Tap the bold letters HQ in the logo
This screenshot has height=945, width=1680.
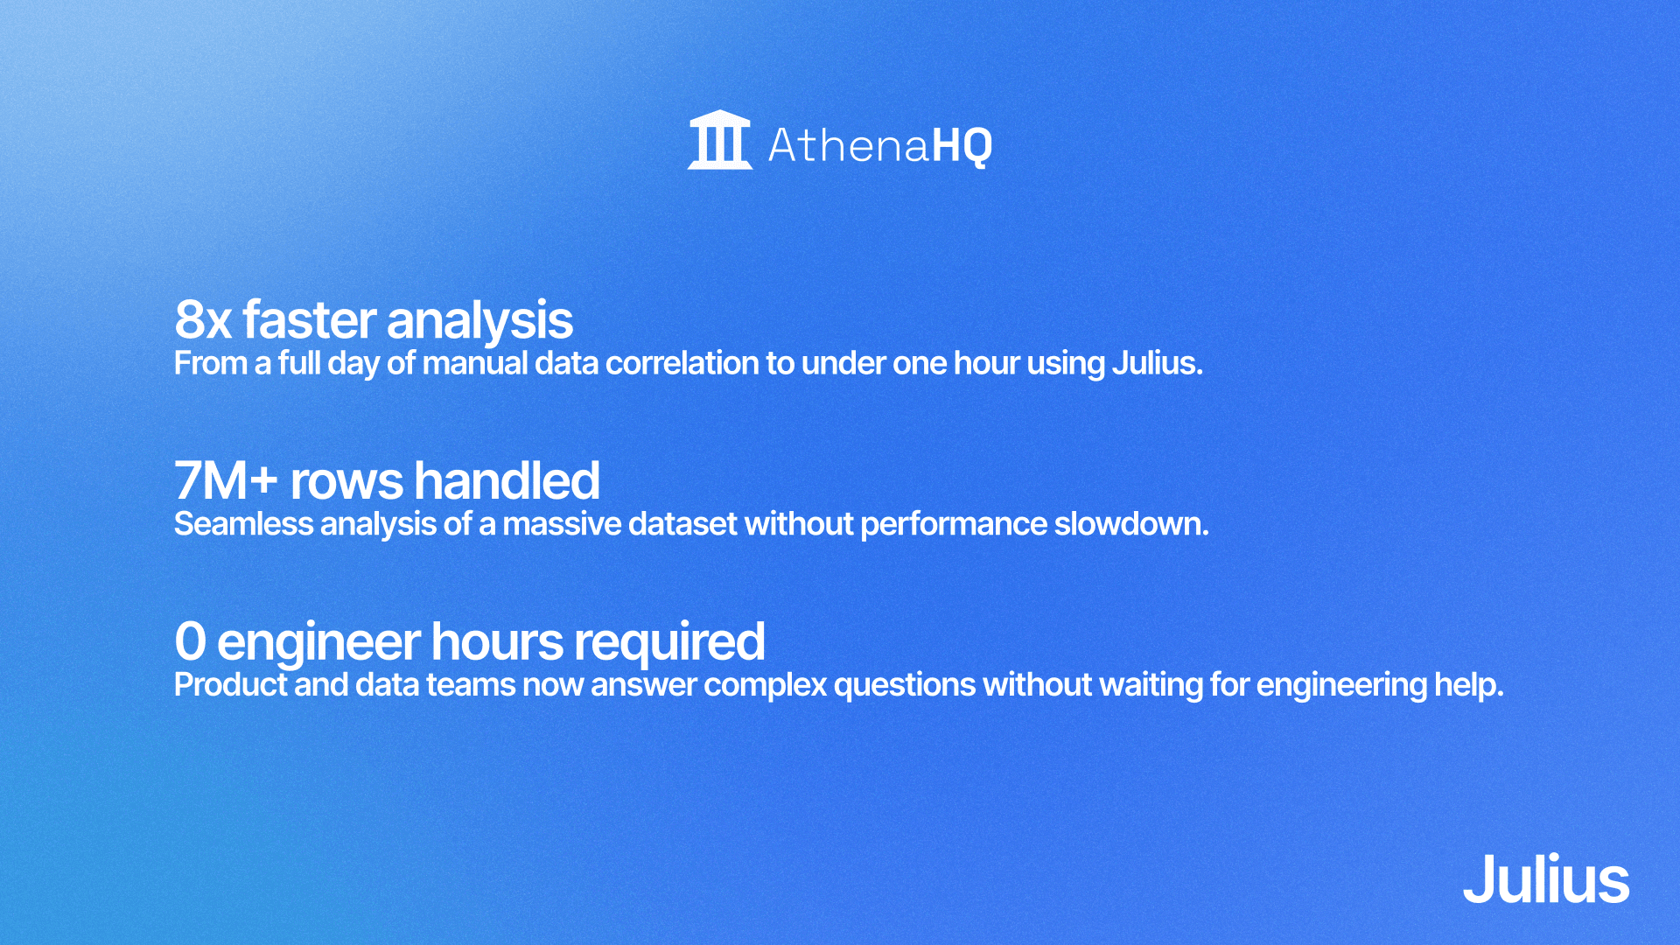[962, 145]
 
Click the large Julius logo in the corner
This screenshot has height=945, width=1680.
[1545, 879]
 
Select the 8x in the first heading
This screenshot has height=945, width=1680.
[203, 320]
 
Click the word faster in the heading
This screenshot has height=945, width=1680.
[310, 320]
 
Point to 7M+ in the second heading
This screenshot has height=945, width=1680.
[226, 481]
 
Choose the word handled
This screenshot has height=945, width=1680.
[507, 481]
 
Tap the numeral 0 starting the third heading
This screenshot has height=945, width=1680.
[190, 641]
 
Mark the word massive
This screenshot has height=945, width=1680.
[561, 524]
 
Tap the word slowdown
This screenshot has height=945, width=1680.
[1130, 524]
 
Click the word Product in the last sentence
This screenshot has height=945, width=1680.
[230, 685]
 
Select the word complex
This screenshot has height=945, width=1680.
[765, 685]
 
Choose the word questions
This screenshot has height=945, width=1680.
[904, 685]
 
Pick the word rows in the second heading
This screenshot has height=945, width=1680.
[346, 481]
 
